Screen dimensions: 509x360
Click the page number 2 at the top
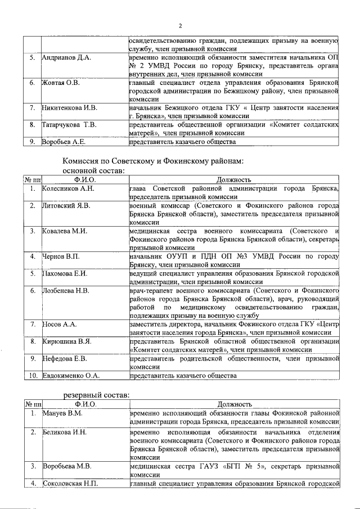180,25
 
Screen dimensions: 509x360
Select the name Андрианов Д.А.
63,58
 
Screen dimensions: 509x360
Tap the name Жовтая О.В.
61,83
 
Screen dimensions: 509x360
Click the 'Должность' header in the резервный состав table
233,404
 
